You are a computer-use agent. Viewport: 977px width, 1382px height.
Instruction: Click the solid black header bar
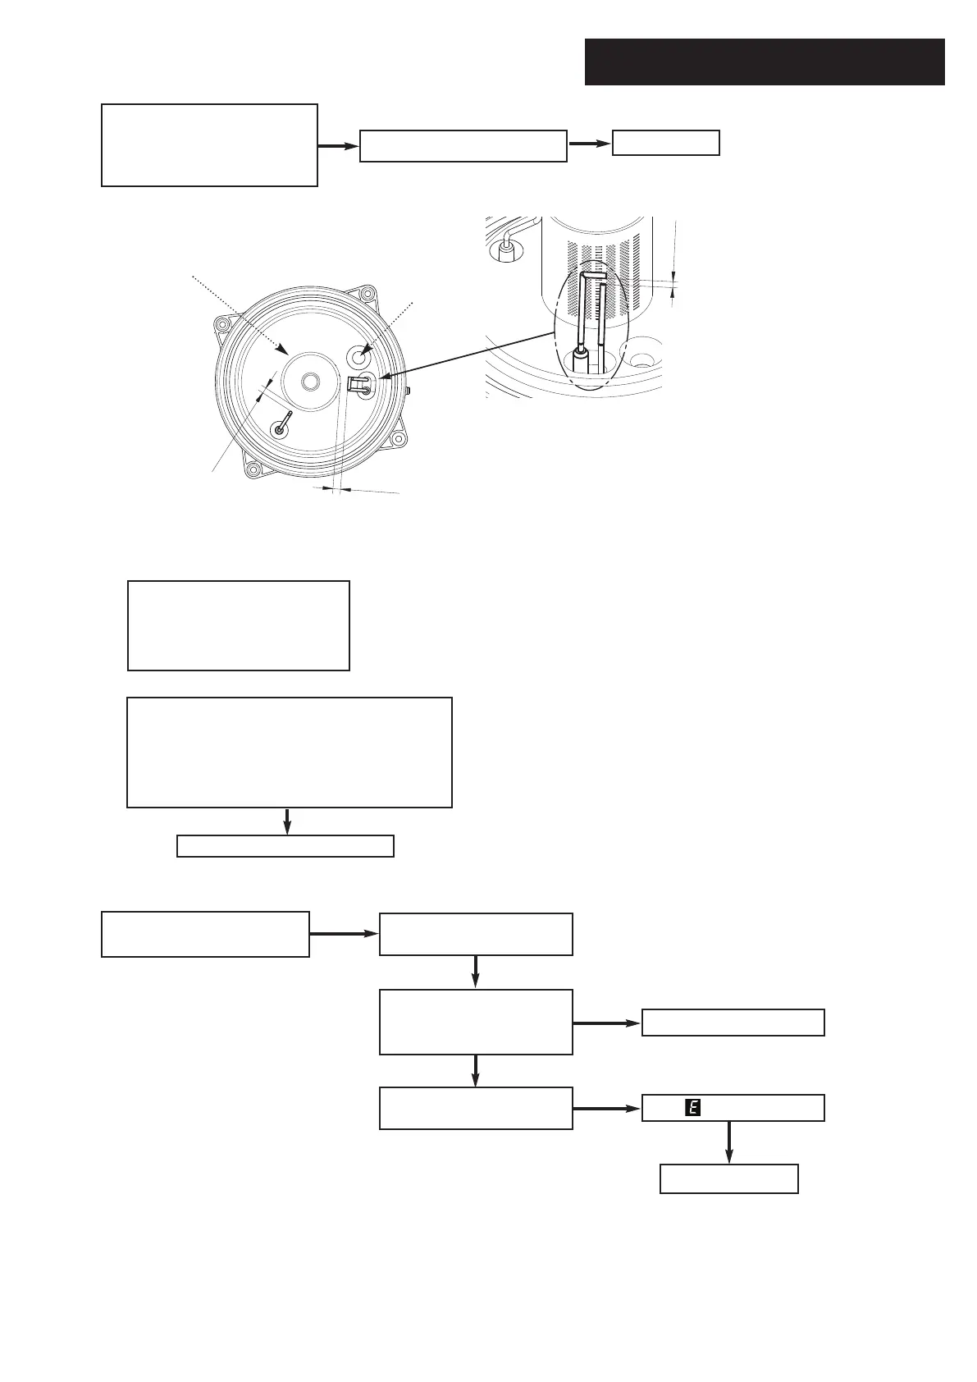point(765,62)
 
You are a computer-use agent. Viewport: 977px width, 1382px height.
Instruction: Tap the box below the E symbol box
point(729,1178)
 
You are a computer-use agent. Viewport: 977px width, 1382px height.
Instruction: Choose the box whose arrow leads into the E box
point(476,1108)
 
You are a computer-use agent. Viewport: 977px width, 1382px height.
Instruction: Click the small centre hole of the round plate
point(310,381)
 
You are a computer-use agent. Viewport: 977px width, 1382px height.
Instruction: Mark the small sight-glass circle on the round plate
point(359,356)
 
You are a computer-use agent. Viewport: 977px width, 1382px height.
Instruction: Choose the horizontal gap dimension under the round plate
point(336,490)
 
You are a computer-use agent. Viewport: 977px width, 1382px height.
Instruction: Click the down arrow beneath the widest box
point(287,821)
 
